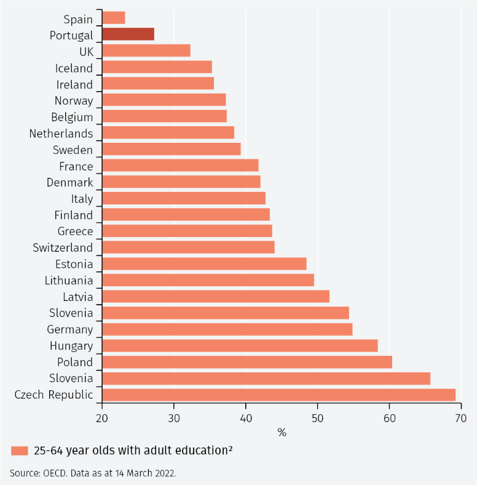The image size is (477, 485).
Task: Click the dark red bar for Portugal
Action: [x=128, y=34]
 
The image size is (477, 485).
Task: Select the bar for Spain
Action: [x=114, y=18]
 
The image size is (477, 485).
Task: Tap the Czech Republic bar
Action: [x=278, y=395]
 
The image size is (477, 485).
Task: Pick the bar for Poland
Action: [x=247, y=362]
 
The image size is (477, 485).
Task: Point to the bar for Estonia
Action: [x=204, y=264]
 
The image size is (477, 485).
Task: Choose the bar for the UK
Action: [x=146, y=50]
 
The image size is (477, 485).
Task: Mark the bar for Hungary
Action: [x=240, y=345]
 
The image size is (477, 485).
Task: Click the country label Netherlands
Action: [x=61, y=134]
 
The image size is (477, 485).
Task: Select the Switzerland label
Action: [x=63, y=248]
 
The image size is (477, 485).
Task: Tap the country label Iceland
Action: [x=74, y=68]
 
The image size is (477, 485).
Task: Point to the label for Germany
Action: [x=70, y=330]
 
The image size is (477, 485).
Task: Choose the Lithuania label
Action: [x=69, y=281]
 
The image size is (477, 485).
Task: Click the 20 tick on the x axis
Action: [x=102, y=419]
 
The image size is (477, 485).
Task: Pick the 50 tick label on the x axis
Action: [x=317, y=419]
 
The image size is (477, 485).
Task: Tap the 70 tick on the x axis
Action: [x=460, y=419]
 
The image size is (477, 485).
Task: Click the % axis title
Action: [x=282, y=433]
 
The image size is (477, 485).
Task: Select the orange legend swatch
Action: [x=20, y=451]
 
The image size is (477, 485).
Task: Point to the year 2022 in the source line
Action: [x=167, y=473]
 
